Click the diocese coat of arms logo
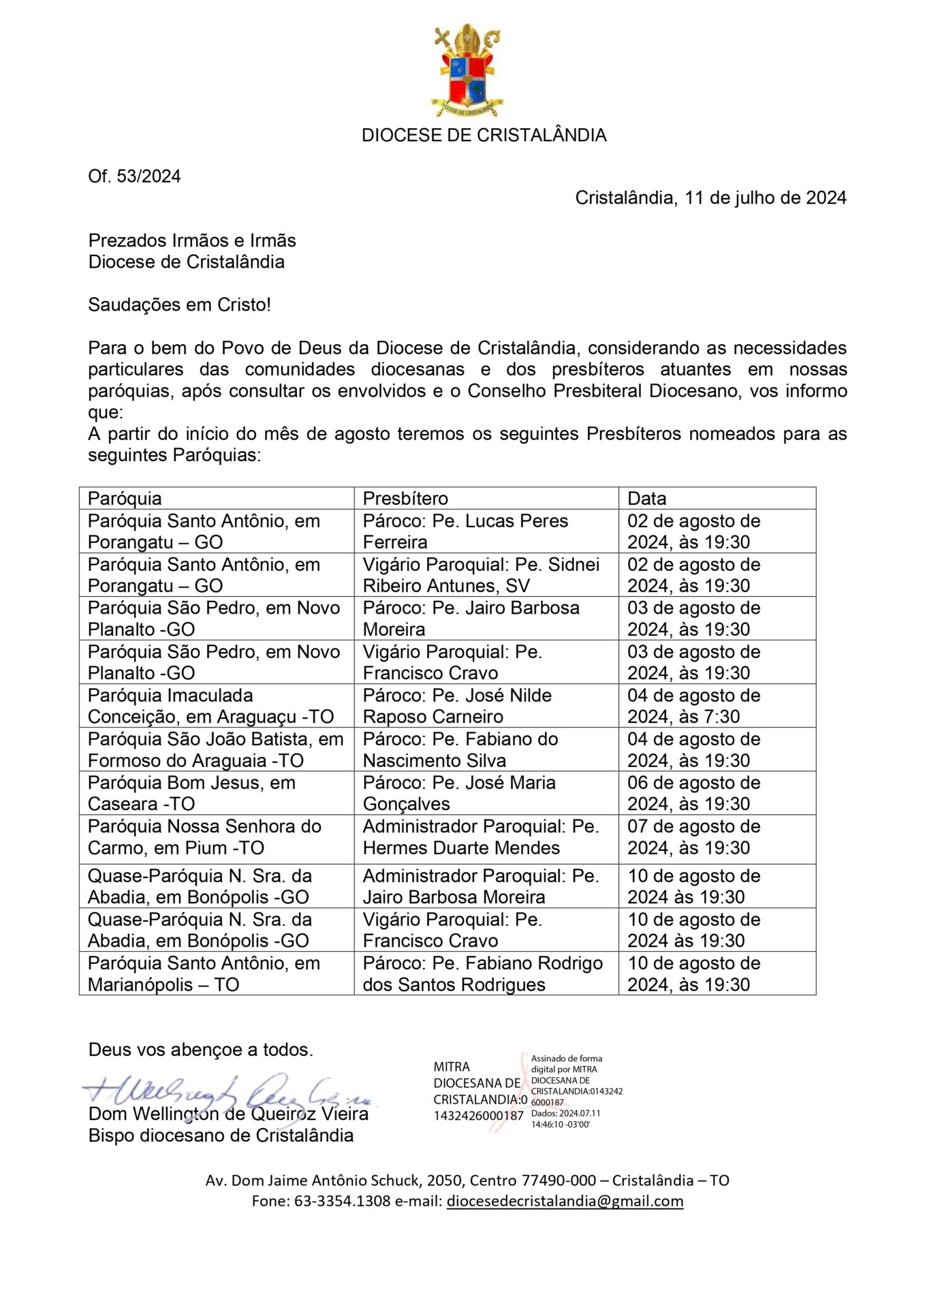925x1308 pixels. tap(467, 70)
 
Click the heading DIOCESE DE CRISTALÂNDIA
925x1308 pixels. tap(484, 135)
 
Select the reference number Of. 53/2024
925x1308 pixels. tap(134, 176)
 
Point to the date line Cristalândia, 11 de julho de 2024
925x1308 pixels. tap(710, 198)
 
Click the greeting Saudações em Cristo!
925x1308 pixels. tap(179, 305)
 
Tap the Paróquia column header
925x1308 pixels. tap(125, 498)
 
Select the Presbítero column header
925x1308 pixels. tap(405, 498)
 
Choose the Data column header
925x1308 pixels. tap(646, 498)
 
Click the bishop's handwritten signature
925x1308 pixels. tap(225, 1092)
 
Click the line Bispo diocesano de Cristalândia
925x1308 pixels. tap(221, 1136)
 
